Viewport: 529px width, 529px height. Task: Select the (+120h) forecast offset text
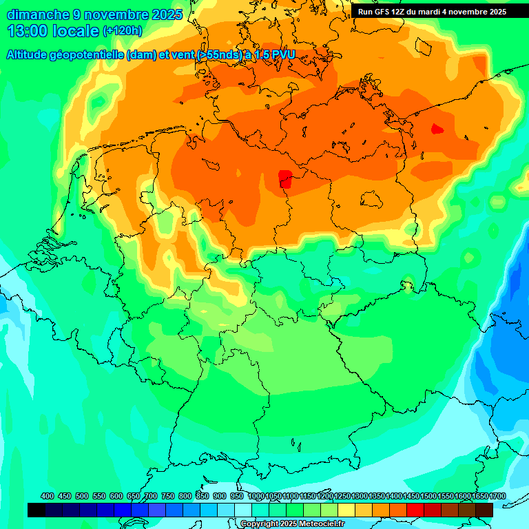pos(123,31)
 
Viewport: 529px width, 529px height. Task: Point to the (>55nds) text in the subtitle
pos(219,55)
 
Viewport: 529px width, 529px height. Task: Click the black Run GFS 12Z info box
pos(432,12)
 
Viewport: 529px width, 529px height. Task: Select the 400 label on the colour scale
pos(48,496)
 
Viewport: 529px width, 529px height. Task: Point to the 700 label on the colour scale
pos(151,496)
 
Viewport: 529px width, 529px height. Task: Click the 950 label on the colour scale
pos(237,496)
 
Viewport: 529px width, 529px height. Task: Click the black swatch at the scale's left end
pos(37,510)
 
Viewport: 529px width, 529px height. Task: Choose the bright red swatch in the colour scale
pos(415,510)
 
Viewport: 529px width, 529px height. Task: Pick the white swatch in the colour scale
pos(243,510)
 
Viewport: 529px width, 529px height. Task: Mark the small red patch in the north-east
pos(437,128)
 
